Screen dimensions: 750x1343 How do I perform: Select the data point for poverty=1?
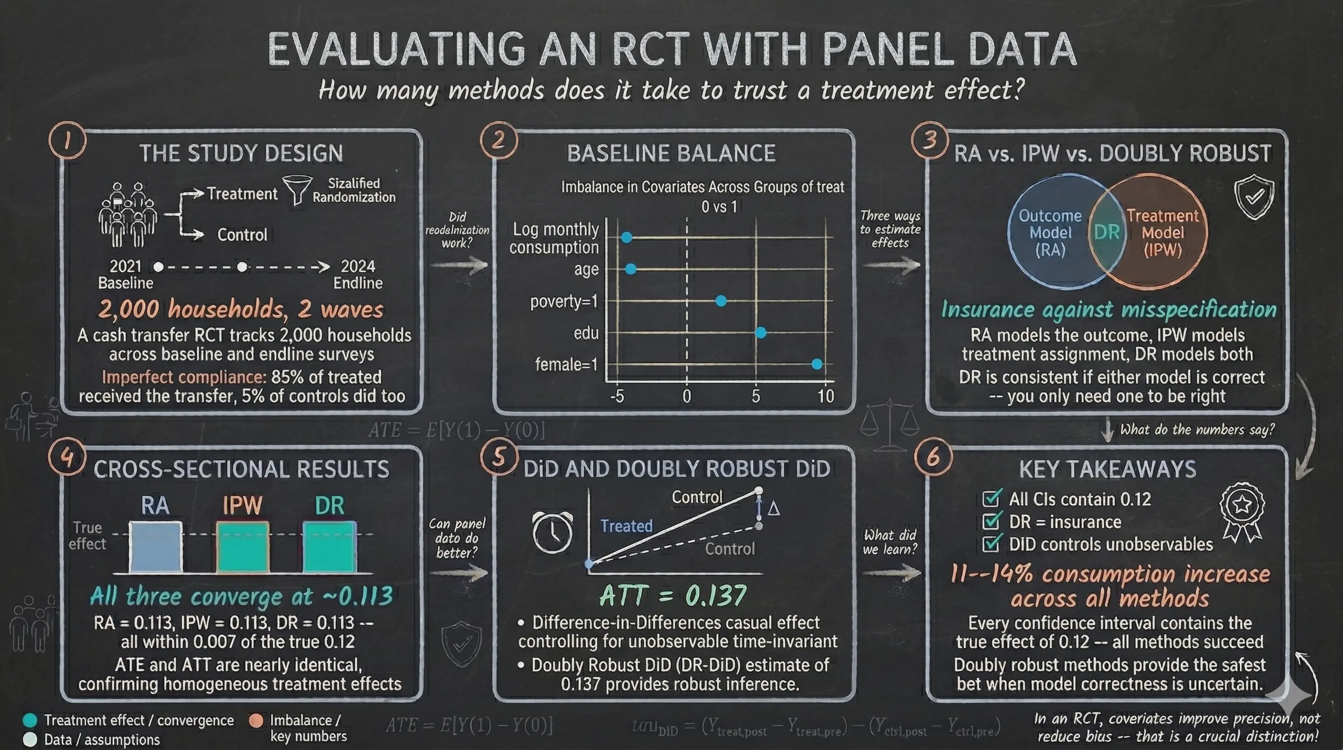721,301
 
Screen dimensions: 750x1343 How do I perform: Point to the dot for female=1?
817,364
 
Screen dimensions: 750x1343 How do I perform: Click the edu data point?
760,332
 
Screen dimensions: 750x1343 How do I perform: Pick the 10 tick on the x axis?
826,396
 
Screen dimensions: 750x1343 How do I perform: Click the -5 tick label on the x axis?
617,396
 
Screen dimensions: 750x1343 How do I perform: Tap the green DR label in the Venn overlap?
1107,232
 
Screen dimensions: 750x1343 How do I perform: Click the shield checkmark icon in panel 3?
1254,197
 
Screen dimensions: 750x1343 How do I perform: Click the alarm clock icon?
552,531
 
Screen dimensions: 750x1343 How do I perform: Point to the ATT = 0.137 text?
673,595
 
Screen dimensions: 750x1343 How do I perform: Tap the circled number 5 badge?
498,457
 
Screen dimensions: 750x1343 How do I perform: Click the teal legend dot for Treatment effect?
30,720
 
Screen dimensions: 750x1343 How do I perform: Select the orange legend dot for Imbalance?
256,720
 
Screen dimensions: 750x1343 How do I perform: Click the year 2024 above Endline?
358,266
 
